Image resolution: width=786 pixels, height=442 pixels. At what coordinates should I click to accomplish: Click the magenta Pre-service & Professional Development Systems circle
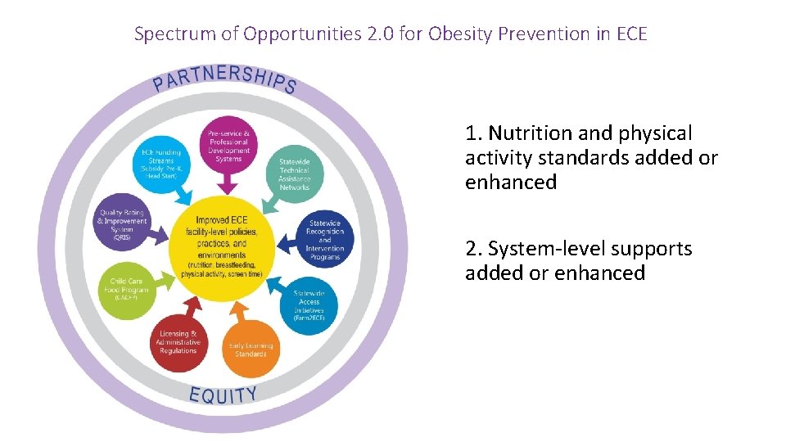(x=229, y=145)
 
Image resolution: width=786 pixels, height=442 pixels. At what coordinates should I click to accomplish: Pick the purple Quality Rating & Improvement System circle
(x=123, y=221)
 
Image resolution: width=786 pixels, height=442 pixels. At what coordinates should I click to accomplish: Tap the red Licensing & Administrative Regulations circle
(x=178, y=342)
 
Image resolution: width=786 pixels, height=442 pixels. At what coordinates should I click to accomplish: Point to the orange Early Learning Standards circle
(x=250, y=348)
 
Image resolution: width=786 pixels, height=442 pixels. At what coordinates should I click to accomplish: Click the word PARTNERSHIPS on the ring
(x=224, y=75)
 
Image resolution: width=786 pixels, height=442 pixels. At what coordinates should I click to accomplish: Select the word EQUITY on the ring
(x=223, y=395)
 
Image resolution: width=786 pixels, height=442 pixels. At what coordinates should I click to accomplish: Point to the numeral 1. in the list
(x=473, y=133)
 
